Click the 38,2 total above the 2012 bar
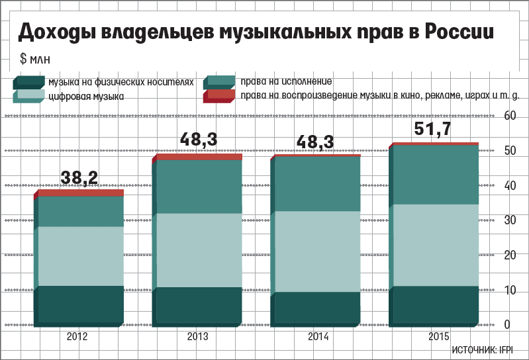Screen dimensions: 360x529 tap(79, 177)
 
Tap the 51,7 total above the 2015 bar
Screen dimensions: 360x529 tap(432, 129)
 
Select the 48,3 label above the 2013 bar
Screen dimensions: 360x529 tap(199, 140)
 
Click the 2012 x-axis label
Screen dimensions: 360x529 tap(77, 337)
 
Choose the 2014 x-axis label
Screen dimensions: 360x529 tap(318, 337)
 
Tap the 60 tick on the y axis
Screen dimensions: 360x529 tap(510, 116)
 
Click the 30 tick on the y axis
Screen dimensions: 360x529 tap(510, 220)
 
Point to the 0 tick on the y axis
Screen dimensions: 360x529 tap(507, 324)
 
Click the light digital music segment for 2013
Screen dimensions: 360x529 tap(199, 250)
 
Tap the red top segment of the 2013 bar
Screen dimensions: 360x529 tap(199, 157)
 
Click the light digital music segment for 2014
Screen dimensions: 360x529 tap(316, 251)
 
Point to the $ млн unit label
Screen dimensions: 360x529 tap(32, 59)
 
